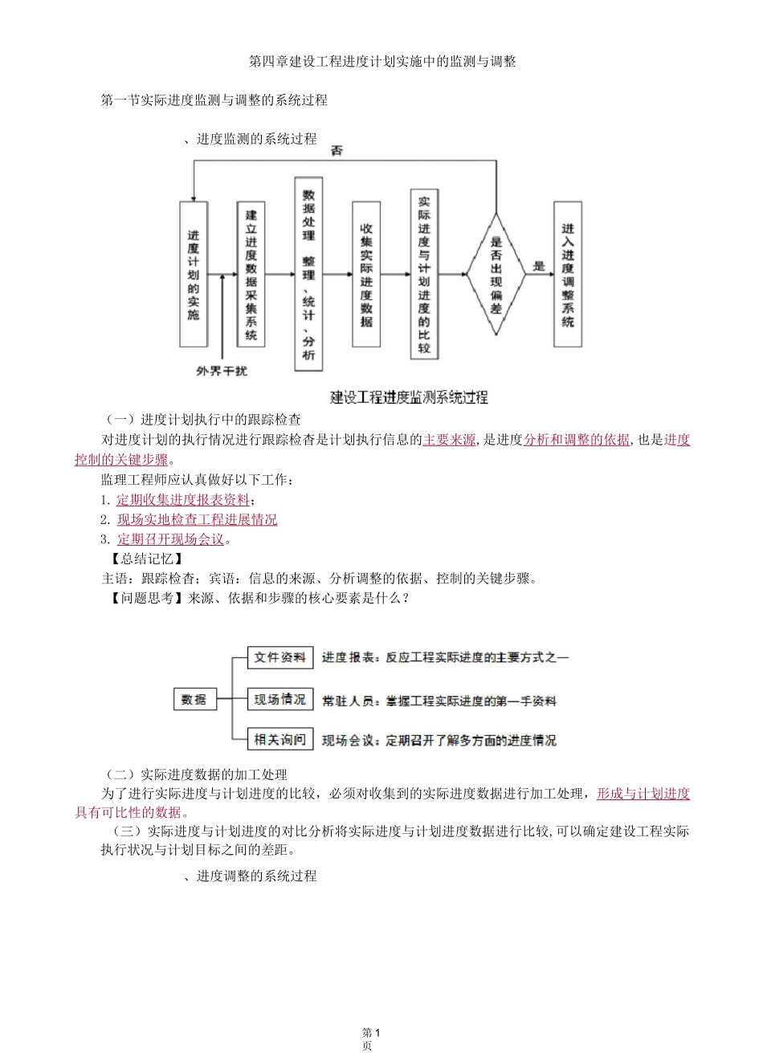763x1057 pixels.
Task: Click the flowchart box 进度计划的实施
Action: click(x=194, y=274)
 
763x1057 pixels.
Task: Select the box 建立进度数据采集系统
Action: click(x=251, y=274)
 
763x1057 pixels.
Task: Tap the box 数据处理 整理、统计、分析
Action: click(x=308, y=274)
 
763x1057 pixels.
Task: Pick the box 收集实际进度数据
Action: click(x=366, y=274)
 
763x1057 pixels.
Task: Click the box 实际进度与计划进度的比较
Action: click(x=424, y=274)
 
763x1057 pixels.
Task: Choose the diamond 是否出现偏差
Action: click(x=496, y=274)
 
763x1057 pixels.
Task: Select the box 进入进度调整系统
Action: click(x=568, y=274)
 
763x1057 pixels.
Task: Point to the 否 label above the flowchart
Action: click(x=337, y=151)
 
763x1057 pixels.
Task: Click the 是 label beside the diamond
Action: click(x=539, y=266)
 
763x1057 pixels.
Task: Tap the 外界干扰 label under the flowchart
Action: click(x=222, y=371)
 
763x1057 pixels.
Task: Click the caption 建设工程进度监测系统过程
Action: click(x=409, y=397)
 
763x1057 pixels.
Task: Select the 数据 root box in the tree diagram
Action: click(x=194, y=700)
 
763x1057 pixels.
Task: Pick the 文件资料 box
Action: click(x=279, y=657)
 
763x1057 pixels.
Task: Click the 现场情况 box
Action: click(x=279, y=700)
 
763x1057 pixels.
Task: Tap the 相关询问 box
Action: click(x=279, y=740)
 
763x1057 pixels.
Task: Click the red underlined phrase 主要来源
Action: click(x=449, y=440)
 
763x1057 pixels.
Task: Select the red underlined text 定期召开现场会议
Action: click(x=170, y=539)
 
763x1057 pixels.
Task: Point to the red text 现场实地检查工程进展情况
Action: click(x=197, y=519)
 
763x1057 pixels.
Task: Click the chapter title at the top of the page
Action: click(x=382, y=62)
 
